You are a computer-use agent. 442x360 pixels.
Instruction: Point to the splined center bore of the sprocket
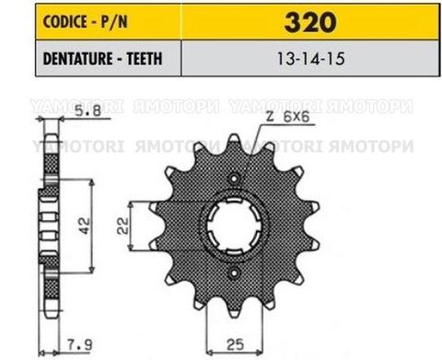pyautogui.click(x=238, y=229)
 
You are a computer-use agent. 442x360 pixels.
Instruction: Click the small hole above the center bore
pyautogui.click(x=238, y=178)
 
